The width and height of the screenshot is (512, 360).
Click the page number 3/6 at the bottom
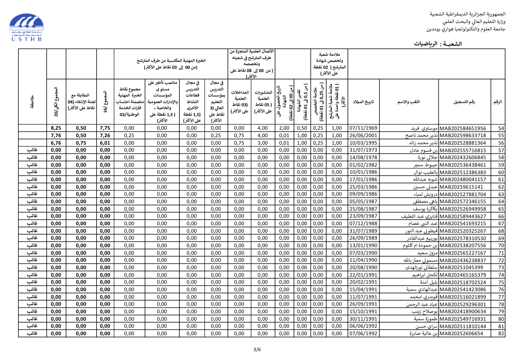(x=256, y=349)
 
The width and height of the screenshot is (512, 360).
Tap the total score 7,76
(x=56, y=136)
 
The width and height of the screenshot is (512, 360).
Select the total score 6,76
(x=56, y=143)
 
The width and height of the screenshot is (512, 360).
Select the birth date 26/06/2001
(x=363, y=136)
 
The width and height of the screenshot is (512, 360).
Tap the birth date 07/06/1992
(x=363, y=334)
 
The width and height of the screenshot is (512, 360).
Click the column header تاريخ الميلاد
(x=363, y=102)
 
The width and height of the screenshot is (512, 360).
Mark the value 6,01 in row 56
(x=105, y=143)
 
